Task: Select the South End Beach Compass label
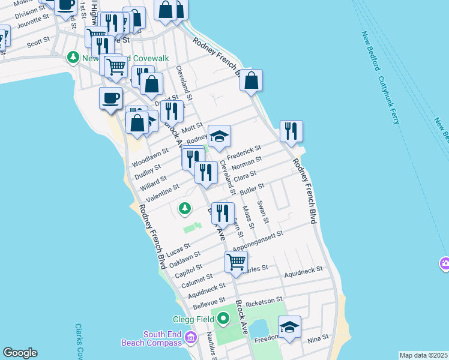162,338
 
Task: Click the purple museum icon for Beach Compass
191,339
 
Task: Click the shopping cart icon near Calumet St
237,262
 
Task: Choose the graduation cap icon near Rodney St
219,136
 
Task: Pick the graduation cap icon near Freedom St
289,327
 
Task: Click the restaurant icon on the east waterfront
291,131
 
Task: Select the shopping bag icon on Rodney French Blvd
251,80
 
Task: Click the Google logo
20,353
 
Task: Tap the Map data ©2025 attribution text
423,355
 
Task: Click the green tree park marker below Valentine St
185,208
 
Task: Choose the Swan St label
262,210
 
